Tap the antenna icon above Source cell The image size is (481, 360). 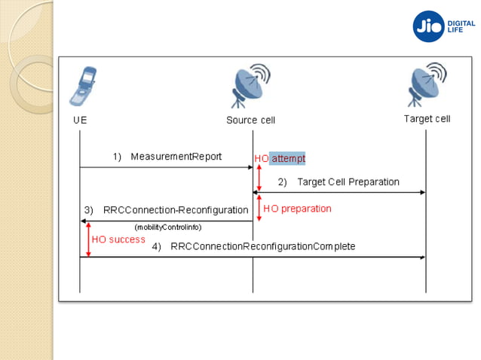251,87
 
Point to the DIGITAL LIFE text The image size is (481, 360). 461,26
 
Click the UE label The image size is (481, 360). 79,120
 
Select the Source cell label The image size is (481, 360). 251,120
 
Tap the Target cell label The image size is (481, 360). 427,119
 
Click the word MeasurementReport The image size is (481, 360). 176,157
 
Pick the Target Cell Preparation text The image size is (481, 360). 348,182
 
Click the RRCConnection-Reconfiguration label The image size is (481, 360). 176,209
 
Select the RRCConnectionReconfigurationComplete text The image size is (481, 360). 262,246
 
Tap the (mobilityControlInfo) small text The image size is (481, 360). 168,227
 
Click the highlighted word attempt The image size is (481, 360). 288,158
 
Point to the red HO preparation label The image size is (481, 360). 297,209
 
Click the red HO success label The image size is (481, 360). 118,239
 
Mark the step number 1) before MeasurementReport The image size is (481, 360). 118,157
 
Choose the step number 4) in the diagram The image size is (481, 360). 157,246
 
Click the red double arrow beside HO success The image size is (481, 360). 88,239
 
